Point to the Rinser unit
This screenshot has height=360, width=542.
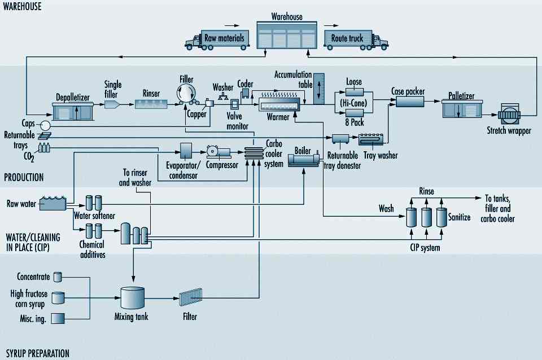(x=151, y=103)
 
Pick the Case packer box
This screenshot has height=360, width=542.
(x=410, y=102)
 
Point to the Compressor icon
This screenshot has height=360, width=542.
(x=217, y=152)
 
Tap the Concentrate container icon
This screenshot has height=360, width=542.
(x=58, y=277)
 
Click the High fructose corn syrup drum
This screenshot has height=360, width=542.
(x=58, y=298)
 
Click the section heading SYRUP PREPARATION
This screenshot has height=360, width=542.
(x=37, y=354)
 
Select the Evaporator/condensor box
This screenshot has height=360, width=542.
(x=186, y=151)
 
